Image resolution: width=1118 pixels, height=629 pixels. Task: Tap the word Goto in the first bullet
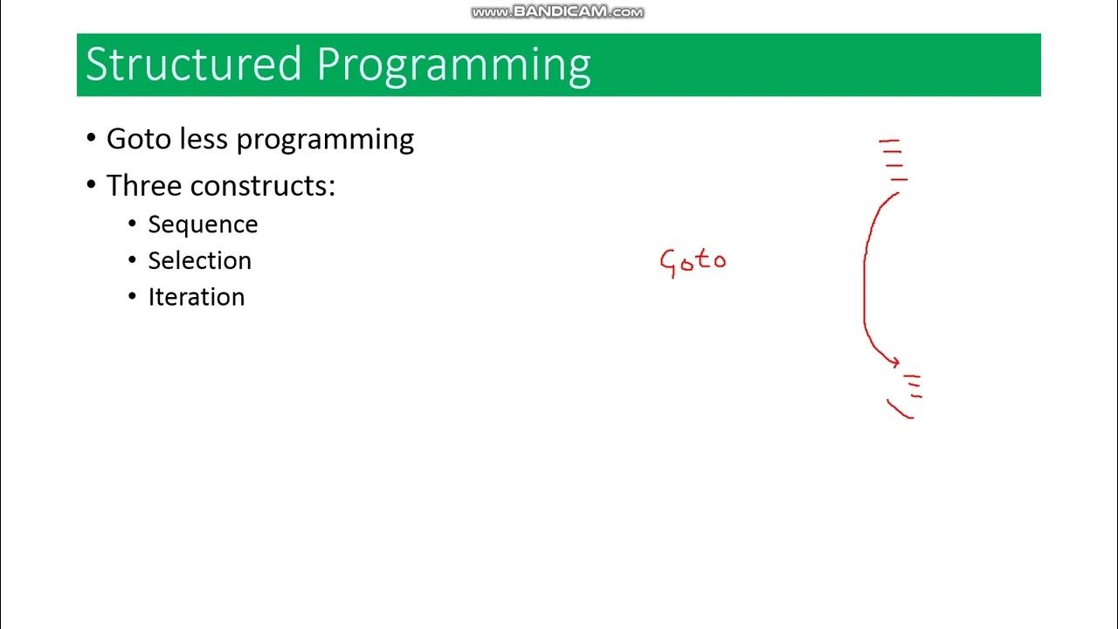138,139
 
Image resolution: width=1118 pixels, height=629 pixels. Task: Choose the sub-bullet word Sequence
203,225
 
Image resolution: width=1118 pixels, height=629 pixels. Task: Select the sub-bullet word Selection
199,260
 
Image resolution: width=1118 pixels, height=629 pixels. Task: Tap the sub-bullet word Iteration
196,297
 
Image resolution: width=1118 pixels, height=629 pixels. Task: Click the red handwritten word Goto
693,261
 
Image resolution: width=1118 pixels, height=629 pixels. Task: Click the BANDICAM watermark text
557,12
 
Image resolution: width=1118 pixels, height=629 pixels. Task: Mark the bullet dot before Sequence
133,224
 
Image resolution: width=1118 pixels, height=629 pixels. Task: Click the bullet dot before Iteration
133,296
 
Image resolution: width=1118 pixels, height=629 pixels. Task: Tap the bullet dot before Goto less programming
92,139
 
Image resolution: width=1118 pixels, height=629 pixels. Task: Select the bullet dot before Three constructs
92,185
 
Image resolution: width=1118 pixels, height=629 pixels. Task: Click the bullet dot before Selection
133,259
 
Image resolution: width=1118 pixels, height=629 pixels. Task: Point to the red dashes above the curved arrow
892,159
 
